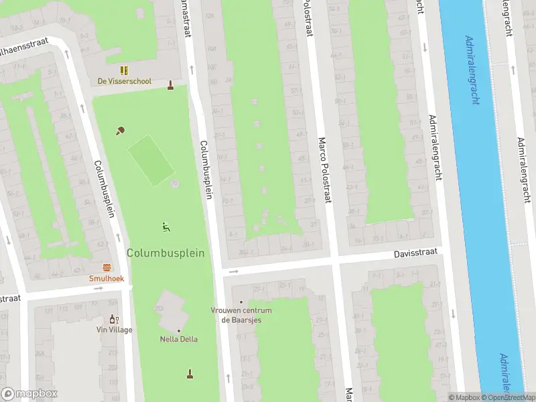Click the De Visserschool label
coord(125,82)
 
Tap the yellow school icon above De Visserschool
coord(124,70)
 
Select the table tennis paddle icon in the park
coord(121,131)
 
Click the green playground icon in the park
coord(165,227)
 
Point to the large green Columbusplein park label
coord(165,253)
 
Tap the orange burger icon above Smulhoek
coord(107,267)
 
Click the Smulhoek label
coord(107,278)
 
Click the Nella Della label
coord(179,339)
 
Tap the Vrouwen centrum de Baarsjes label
coord(241,315)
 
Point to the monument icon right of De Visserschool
coord(171,85)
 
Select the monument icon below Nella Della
coord(190,373)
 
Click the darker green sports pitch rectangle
coord(151,160)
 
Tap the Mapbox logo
coord(29,394)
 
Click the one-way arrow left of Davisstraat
coord(233,271)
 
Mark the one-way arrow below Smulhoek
coord(98,289)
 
